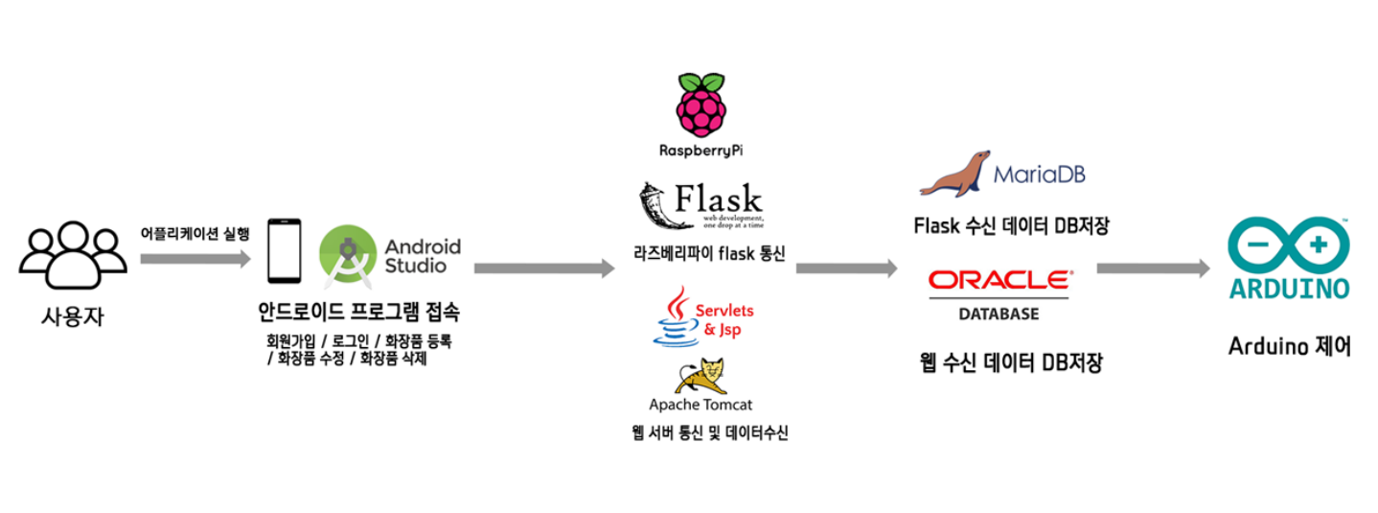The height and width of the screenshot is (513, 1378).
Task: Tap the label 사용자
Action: (72, 315)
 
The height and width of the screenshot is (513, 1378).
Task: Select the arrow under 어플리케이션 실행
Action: (195, 259)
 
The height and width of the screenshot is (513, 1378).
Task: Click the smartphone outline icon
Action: (284, 252)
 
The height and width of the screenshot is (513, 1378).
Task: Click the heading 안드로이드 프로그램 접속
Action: (358, 312)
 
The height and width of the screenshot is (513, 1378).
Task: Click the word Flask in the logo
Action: (720, 199)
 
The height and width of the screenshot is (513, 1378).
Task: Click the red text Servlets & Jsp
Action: (723, 320)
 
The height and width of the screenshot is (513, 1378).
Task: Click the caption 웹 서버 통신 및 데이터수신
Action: (709, 433)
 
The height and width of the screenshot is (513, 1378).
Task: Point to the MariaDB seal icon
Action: (954, 174)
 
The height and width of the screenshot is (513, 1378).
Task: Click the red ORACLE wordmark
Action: (1000, 280)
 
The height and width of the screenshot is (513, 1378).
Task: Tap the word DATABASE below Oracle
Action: (999, 314)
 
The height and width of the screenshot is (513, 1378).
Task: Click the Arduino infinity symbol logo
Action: (1289, 245)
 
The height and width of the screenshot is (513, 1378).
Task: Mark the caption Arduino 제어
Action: (1289, 346)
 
